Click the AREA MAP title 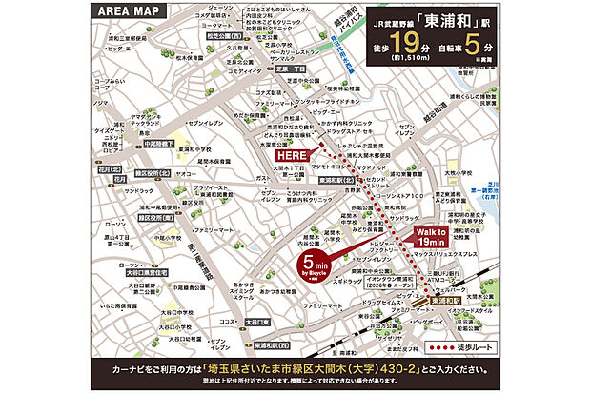[x=138, y=12]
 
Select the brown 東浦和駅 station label [x=446, y=300]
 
